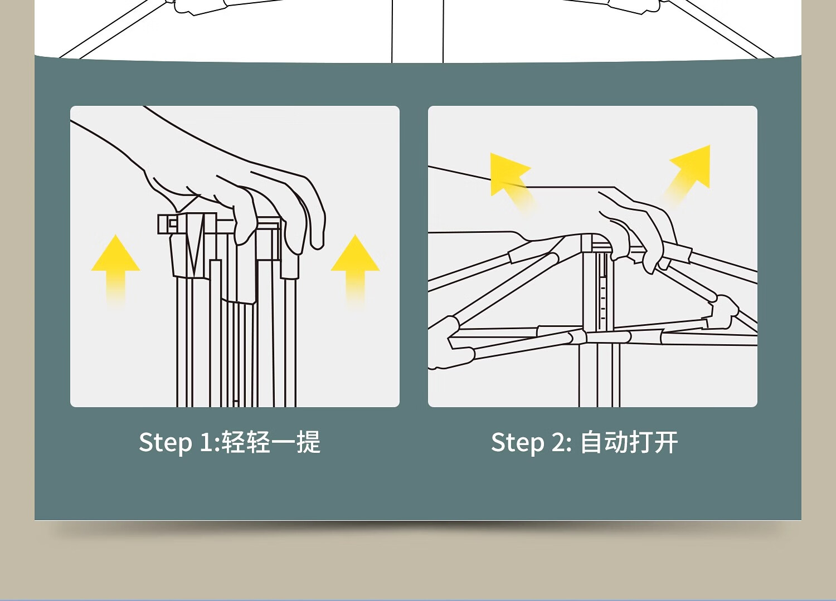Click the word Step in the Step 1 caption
point(165,443)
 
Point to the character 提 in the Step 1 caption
point(309,442)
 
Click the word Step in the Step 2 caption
point(517,443)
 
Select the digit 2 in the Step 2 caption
point(559,443)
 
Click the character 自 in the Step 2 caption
point(592,442)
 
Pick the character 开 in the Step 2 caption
point(666,442)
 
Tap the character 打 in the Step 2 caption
point(641,442)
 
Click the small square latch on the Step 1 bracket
point(173,223)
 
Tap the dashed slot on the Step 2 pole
point(603,295)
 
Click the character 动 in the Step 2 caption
point(616,442)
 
